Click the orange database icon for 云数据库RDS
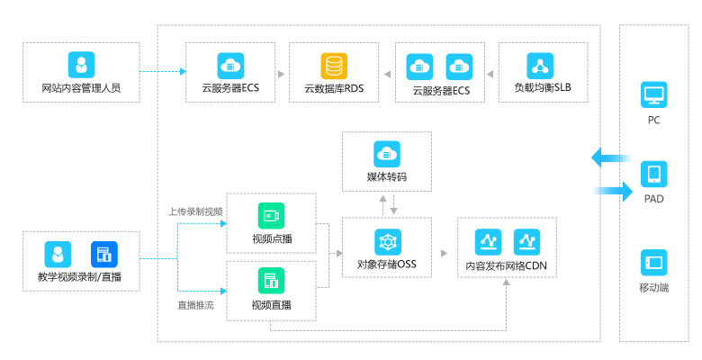point(334,66)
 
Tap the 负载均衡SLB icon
point(541,66)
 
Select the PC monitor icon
point(653,94)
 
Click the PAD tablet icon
point(653,174)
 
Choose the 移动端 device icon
point(653,263)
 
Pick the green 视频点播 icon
point(271,216)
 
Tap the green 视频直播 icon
point(271,279)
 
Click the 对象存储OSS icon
point(387,241)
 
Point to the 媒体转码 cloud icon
point(386,153)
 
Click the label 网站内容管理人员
point(81,89)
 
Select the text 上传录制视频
point(195,211)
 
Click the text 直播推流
point(195,305)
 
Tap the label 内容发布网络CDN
point(506,266)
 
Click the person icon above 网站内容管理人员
point(81,64)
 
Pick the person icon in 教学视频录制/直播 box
point(58,254)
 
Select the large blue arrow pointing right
point(615,189)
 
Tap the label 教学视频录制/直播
point(81,276)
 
